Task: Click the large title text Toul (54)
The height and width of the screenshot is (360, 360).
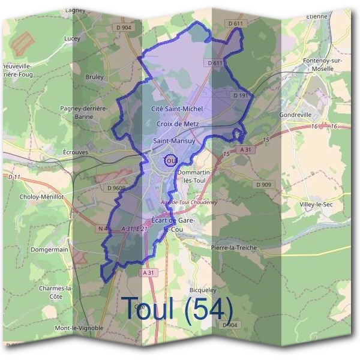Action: [x=178, y=308]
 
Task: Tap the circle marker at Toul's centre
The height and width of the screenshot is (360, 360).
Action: [x=170, y=161]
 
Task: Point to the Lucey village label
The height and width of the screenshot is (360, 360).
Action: [x=71, y=38]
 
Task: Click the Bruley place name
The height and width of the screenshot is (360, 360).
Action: [x=94, y=77]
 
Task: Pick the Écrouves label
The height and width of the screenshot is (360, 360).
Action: [x=76, y=152]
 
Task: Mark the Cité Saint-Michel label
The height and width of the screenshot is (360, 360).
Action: [x=177, y=109]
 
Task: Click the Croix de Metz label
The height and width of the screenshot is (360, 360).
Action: [x=177, y=124]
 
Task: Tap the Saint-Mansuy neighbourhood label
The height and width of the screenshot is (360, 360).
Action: [x=172, y=141]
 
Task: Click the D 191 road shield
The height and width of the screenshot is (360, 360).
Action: [x=239, y=95]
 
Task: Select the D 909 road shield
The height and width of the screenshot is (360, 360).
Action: [x=263, y=184]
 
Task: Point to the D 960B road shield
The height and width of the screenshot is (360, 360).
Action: [x=116, y=188]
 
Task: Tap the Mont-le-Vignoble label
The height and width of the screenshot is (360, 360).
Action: [x=79, y=328]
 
